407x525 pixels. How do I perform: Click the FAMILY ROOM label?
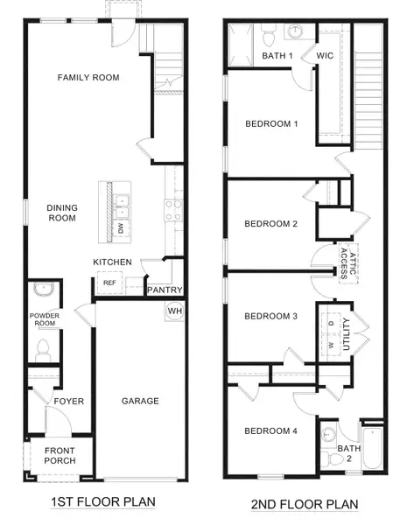(88, 78)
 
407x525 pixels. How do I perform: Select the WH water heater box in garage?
(172, 311)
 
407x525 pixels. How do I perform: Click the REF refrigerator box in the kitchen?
(109, 283)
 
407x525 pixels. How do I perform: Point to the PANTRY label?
(165, 290)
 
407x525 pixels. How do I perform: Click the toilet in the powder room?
(40, 348)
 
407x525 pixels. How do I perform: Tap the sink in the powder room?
(40, 290)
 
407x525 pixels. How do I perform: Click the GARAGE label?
(140, 402)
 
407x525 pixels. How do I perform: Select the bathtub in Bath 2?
(372, 448)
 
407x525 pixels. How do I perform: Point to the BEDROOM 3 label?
(270, 316)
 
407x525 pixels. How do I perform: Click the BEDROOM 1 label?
(270, 123)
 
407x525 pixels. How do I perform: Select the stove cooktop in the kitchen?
(172, 209)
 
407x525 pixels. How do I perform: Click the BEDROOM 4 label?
(270, 430)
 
